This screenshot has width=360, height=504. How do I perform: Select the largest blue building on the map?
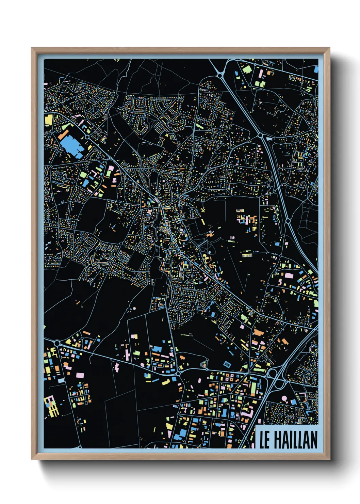pyautogui.click(x=72, y=146)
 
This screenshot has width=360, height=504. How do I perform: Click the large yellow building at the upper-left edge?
pyautogui.click(x=49, y=120)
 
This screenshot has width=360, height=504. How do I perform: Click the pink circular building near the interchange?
pyautogui.click(x=284, y=398)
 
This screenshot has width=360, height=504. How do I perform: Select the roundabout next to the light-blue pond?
pyautogui.click(x=260, y=136)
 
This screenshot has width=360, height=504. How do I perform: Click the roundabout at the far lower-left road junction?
pyautogui.click(x=57, y=343)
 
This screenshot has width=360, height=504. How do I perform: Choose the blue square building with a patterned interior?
pyautogui.click(x=227, y=365)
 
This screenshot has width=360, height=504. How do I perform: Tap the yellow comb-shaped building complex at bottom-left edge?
pyautogui.click(x=51, y=406)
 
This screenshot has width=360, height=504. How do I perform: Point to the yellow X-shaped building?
pyautogui.click(x=204, y=210)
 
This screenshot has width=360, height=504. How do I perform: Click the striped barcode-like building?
pyautogui.click(x=247, y=255)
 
